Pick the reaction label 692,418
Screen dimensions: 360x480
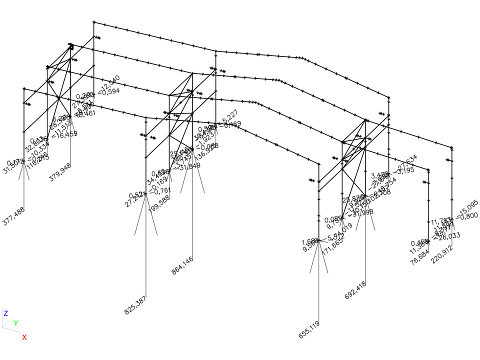(355, 290)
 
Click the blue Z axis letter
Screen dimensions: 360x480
(5, 313)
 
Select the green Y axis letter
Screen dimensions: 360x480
(15, 323)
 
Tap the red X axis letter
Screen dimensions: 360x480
(24, 337)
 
